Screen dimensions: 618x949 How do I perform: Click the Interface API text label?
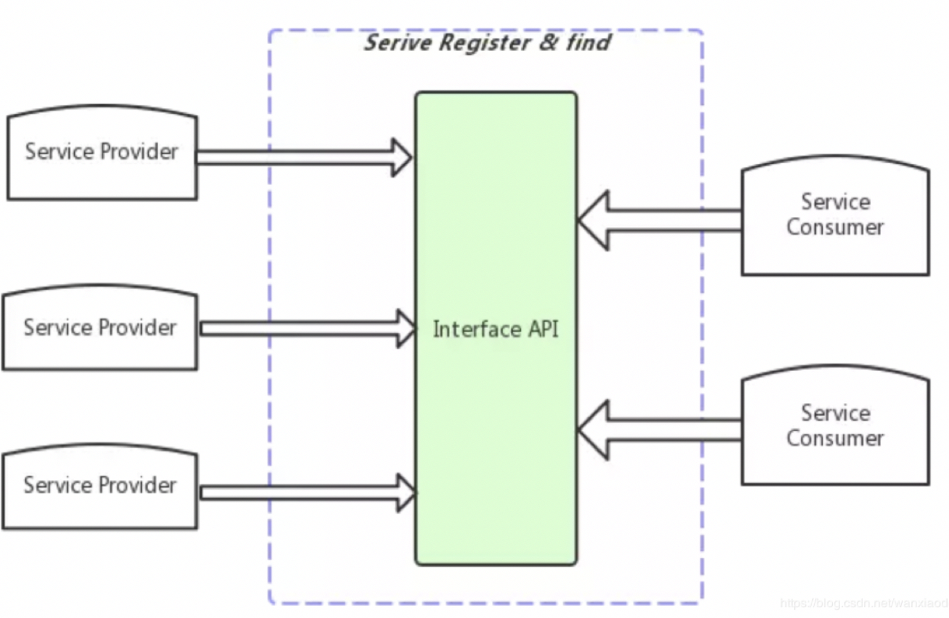click(496, 329)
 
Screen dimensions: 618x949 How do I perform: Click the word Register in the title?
click(485, 43)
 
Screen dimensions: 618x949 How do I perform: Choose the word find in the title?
click(588, 43)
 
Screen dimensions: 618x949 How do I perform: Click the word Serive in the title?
click(398, 43)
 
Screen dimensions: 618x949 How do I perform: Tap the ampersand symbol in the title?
click(549, 43)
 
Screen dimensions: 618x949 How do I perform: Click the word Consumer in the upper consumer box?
click(835, 228)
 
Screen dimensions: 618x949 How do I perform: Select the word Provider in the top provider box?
click(138, 152)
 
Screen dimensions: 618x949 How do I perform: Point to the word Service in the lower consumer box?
click(835, 413)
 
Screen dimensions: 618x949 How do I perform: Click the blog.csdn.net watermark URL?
click(863, 603)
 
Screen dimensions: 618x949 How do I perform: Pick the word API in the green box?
click(543, 329)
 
